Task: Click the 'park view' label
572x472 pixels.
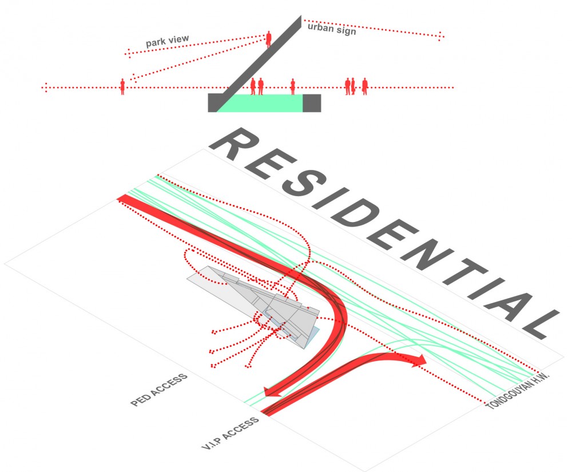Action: (167, 42)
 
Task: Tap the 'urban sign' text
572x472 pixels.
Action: (332, 29)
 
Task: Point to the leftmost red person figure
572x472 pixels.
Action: (122, 86)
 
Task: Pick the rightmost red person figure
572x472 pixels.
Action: (364, 86)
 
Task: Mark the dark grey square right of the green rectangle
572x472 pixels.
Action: (311, 103)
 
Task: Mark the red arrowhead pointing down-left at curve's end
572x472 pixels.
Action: (271, 392)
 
